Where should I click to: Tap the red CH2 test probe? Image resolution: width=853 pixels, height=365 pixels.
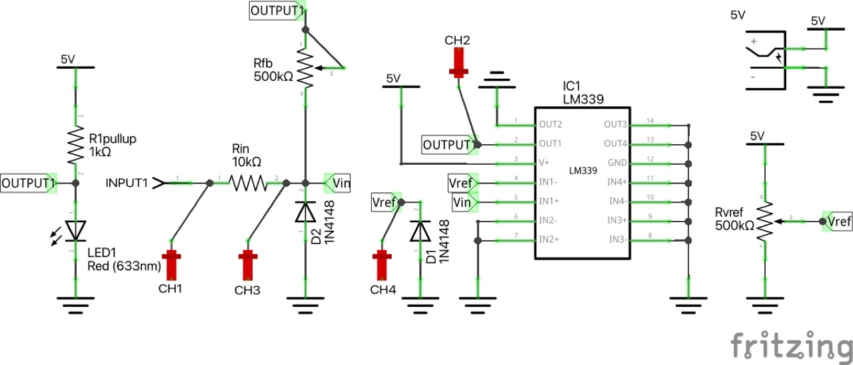click(458, 62)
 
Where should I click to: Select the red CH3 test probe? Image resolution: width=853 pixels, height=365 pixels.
click(249, 264)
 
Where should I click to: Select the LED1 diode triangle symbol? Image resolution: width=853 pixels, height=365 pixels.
click(75, 230)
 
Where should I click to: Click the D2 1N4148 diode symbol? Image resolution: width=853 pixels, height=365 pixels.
click(306, 212)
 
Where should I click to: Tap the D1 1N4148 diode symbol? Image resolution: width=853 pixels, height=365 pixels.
click(420, 230)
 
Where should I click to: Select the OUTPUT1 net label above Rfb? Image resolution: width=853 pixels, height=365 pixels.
click(277, 11)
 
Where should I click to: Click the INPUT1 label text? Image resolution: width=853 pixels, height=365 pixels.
click(127, 181)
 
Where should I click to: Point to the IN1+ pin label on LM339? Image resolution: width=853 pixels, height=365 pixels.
click(548, 201)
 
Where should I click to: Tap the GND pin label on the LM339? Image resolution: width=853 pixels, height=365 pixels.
click(616, 162)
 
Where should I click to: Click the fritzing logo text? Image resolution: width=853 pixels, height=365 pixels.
click(790, 346)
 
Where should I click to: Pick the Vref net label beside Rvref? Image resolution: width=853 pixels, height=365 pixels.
click(839, 221)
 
